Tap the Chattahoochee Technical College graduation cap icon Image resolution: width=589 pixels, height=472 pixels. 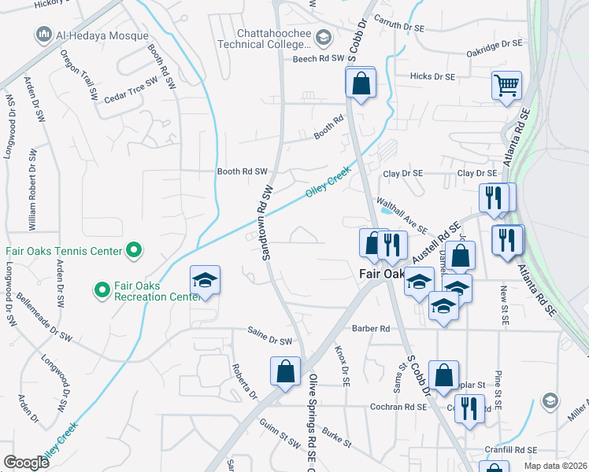[323, 38]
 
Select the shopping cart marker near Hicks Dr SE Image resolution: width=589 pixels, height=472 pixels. [506, 85]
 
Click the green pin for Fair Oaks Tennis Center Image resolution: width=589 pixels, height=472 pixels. [134, 252]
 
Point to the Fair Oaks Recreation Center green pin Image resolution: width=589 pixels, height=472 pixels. [102, 290]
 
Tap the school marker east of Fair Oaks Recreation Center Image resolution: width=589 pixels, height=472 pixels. [205, 281]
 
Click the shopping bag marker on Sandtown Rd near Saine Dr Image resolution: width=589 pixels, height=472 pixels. [285, 372]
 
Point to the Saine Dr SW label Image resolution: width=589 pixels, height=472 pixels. [269, 341]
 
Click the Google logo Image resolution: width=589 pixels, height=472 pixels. [26, 462]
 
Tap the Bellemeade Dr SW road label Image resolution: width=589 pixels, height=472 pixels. [47, 325]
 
